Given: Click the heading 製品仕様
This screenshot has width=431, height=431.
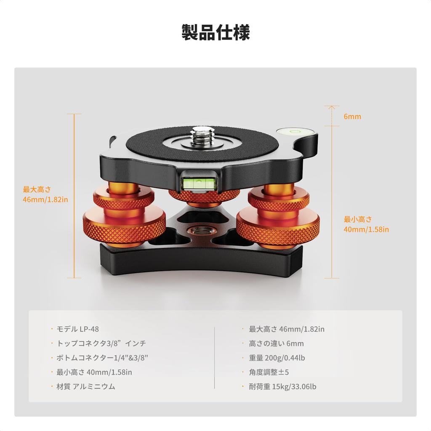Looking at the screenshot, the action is click(x=215, y=32).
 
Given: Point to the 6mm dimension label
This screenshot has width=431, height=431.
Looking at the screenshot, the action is click(x=352, y=117).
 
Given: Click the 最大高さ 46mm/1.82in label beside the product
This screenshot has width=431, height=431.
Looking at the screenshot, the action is click(x=45, y=194).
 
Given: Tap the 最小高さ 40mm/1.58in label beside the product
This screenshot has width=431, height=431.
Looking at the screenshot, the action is click(x=366, y=224).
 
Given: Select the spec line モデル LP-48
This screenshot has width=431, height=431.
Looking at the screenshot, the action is click(x=77, y=329).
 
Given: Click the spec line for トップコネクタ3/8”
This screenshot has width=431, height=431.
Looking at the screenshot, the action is click(x=101, y=343).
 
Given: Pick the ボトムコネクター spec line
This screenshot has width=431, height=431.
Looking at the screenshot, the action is click(x=102, y=358).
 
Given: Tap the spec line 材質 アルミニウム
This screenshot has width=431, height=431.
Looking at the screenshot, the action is click(x=85, y=386).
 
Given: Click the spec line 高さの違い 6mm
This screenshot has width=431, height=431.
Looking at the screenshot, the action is click(x=276, y=343).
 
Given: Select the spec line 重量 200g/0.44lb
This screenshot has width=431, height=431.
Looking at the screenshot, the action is click(x=277, y=358).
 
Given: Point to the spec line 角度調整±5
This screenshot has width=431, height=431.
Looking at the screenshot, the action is click(x=269, y=372).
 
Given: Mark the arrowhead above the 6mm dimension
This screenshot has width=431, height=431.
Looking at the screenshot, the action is click(x=332, y=107).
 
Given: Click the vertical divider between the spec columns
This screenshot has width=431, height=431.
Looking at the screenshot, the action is click(x=215, y=358).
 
